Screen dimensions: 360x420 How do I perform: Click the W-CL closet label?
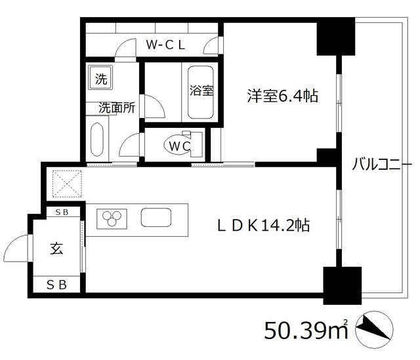pos(167,45)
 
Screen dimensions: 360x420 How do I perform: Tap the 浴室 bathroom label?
pos(201,91)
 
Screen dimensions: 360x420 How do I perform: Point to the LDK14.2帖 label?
pos(264,226)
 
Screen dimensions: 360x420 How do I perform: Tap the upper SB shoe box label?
pos(63,212)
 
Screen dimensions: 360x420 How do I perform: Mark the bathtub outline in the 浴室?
pos(201,93)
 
